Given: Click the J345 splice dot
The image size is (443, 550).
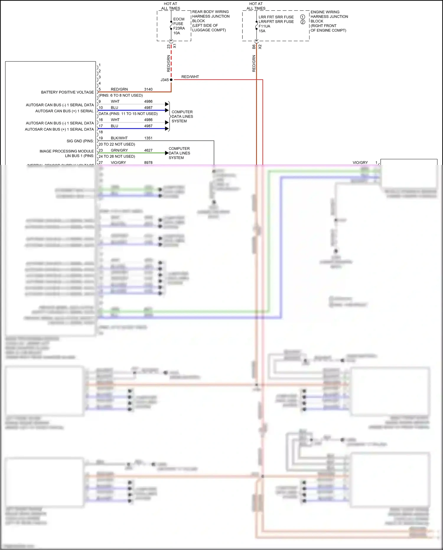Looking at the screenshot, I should (x=171, y=80).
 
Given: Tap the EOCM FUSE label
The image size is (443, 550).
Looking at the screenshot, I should (x=178, y=21).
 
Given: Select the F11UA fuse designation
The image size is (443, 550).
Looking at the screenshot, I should (x=264, y=26).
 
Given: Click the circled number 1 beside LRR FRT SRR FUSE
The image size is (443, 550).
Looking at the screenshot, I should (x=302, y=17).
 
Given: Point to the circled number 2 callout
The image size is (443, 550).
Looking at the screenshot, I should (x=302, y=22).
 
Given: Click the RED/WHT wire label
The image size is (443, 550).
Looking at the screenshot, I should (x=190, y=77).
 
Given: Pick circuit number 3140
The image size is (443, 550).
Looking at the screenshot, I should (x=148, y=89).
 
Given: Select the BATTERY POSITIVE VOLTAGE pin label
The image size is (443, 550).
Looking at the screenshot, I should (x=67, y=92).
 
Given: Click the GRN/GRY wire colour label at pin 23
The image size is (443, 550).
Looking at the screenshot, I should (x=119, y=150).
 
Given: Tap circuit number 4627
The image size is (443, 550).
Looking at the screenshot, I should (x=148, y=150).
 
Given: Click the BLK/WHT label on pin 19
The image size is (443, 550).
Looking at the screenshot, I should (x=119, y=138).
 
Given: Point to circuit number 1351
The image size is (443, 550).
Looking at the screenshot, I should (x=148, y=138).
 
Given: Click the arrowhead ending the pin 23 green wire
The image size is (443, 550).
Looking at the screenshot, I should (x=167, y=153).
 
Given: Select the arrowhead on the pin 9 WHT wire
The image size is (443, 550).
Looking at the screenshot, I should (x=167, y=104).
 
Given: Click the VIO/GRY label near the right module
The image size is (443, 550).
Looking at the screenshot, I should (x=360, y=163).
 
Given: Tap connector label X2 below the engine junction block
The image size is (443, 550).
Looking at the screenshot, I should (x=260, y=47).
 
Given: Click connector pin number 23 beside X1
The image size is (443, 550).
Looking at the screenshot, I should (x=169, y=46).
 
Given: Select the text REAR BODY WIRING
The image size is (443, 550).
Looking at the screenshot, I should (x=210, y=12).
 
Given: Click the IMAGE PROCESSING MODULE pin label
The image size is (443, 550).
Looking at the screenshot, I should (x=66, y=151).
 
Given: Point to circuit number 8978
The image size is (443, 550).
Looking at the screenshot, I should (x=148, y=163).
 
